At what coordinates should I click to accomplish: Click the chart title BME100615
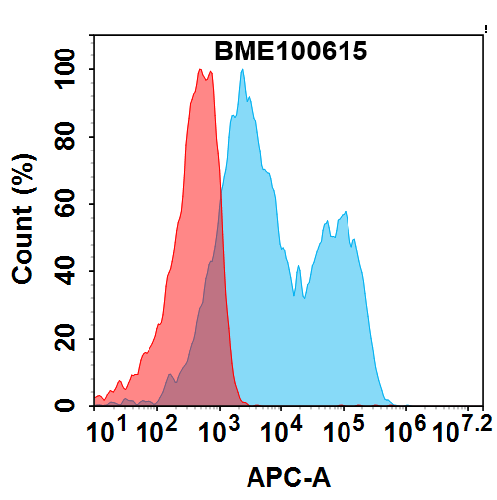pos(291,51)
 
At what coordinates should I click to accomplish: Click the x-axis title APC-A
pos(288,479)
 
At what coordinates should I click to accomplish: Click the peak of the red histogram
pos(201,70)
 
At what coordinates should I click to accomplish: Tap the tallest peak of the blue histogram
pos(241,80)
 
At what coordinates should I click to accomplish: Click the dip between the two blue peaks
pos(295,295)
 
